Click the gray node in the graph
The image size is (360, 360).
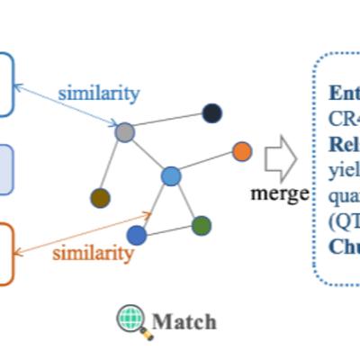(124, 132)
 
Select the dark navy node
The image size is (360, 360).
(211, 112)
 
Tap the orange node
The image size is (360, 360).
(242, 151)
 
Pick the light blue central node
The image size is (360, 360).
(171, 176)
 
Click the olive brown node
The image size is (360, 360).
(100, 198)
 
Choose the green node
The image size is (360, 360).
(202, 225)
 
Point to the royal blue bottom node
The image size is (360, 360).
(137, 236)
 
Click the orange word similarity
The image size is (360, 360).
(93, 253)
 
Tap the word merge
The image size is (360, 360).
(280, 194)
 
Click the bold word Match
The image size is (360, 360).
(184, 321)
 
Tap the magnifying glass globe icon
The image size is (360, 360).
(132, 320)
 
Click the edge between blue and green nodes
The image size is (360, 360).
(186, 201)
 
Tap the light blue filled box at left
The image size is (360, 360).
(5, 169)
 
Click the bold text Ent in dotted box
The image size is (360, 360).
(343, 93)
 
